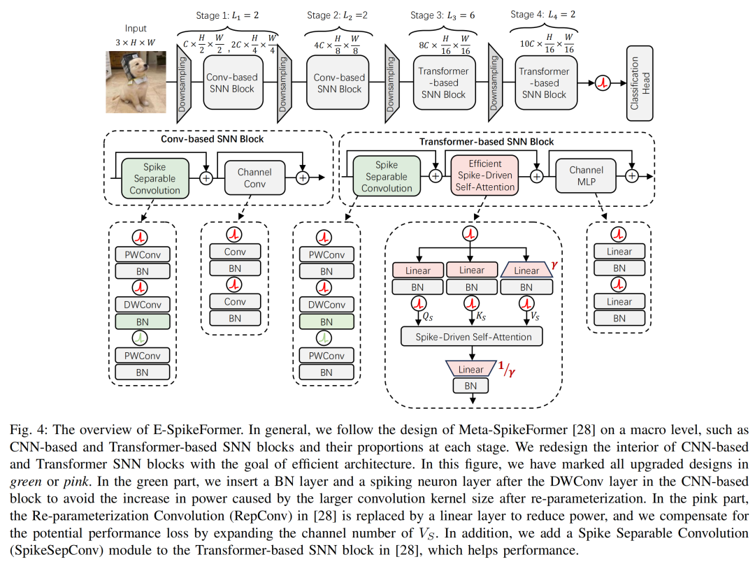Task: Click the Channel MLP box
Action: (586, 175)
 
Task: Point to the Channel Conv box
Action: (254, 178)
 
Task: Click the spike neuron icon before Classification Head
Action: (603, 83)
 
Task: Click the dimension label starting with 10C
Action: (545, 44)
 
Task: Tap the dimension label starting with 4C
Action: (337, 44)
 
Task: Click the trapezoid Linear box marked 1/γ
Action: (471, 369)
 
